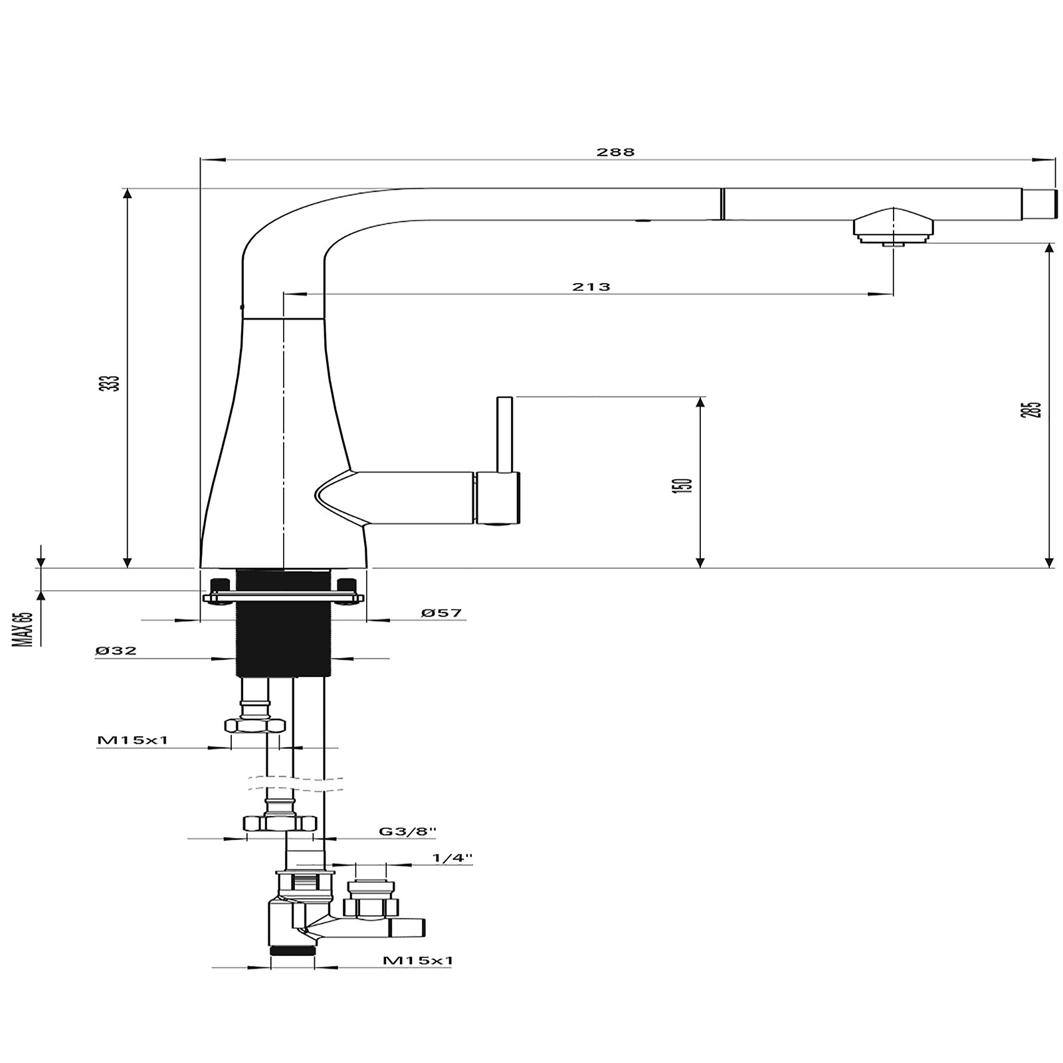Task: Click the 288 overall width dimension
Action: coord(615,152)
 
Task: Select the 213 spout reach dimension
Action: coord(591,287)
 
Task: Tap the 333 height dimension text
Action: coord(114,383)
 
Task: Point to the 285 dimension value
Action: coord(1034,409)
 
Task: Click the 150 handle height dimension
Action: coord(686,484)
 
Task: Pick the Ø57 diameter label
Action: coord(441,613)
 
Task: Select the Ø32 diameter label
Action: coord(116,651)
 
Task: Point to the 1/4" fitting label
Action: coord(452,858)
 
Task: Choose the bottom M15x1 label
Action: coord(418,960)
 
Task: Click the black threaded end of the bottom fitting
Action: coord(293,950)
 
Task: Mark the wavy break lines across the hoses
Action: coord(296,783)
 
